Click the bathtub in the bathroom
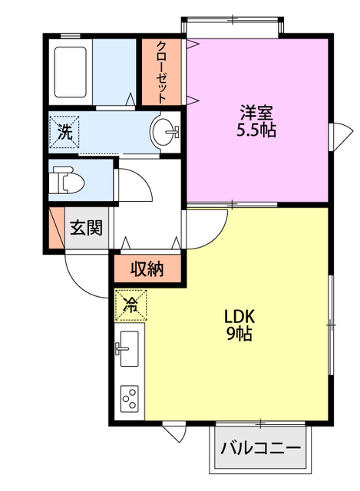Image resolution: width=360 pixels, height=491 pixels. tap(70, 71)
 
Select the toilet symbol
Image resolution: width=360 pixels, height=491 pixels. tap(67, 180)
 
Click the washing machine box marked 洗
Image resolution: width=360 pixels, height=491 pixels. tap(64, 131)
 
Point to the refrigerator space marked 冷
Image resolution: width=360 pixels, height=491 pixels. tap(130, 305)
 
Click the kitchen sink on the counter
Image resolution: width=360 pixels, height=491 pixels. tap(128, 348)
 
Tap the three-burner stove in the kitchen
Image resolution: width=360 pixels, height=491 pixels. tap(130, 399)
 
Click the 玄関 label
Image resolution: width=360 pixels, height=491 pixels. tap(86, 228)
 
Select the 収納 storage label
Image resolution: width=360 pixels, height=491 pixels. tap(147, 269)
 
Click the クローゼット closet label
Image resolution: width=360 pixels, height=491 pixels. tap(161, 71)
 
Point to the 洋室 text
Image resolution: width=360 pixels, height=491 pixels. tap(256, 113)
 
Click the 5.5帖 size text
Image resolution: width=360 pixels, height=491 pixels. tap(256, 130)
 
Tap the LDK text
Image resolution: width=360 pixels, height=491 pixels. tap(239, 317)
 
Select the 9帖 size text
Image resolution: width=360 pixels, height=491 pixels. tap(239, 334)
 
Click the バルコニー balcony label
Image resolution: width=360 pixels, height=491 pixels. tap(261, 448)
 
